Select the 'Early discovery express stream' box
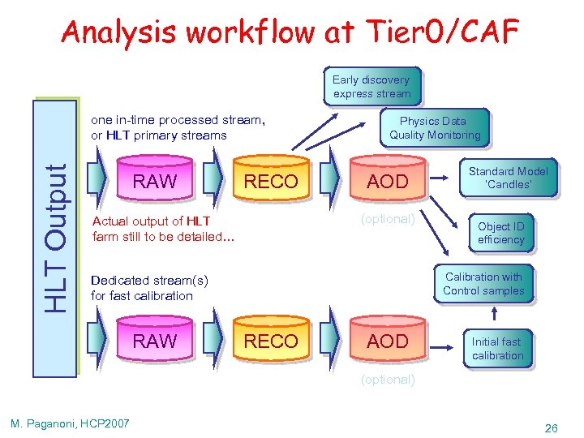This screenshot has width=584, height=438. (371, 87)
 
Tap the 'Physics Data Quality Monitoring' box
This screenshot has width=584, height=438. (435, 128)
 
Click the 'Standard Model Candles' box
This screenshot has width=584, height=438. (508, 178)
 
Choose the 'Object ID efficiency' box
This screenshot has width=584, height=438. (500, 233)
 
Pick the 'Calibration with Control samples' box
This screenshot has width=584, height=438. (483, 284)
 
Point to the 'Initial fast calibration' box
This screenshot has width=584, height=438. (497, 349)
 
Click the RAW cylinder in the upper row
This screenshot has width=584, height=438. (154, 182)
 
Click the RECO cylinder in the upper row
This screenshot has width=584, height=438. (271, 182)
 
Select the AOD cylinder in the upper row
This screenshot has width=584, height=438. (388, 182)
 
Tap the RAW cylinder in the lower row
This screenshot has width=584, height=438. (154, 341)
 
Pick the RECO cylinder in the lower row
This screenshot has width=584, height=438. (271, 341)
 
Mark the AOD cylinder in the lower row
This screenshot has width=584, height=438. (388, 341)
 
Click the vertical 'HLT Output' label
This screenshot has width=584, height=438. (56, 237)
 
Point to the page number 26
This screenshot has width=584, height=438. (551, 427)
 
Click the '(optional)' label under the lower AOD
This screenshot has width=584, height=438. (388, 379)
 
